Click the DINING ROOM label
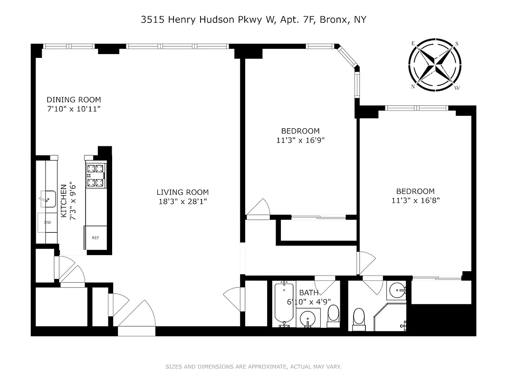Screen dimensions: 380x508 [x=74, y=100]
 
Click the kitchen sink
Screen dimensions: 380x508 [x=48, y=199]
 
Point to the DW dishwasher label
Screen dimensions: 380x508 [x=47, y=222]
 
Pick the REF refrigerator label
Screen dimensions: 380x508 [x=96, y=238]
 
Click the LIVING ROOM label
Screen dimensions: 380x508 [x=182, y=192]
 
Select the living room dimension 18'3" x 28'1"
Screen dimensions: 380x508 [x=182, y=201]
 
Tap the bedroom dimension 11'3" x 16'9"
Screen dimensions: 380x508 [x=300, y=140]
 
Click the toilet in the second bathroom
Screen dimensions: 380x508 [x=359, y=318]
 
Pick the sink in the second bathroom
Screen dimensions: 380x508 [x=396, y=290]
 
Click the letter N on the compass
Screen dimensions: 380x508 [x=413, y=86]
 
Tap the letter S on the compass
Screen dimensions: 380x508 [x=457, y=44]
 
